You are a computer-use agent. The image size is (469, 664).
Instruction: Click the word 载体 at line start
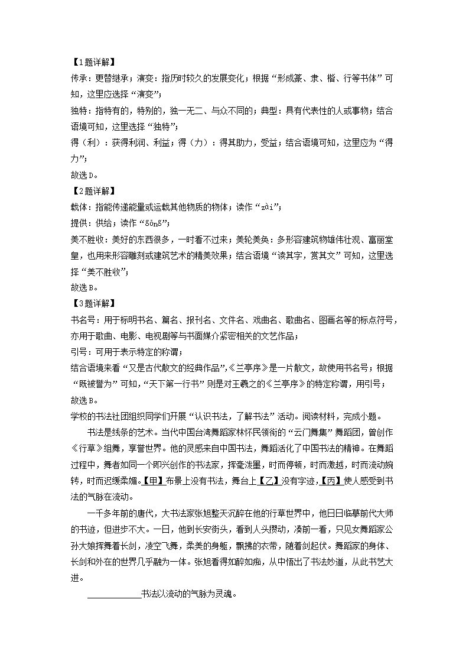point(77,206)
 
